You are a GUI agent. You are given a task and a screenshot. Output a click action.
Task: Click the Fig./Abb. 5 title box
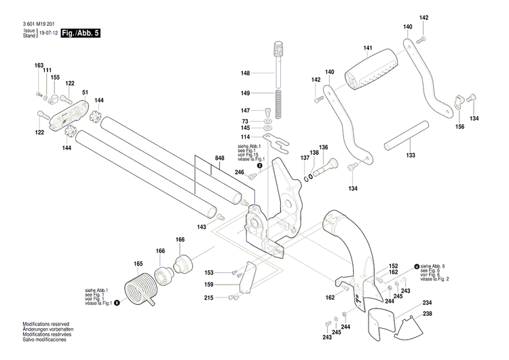(x=80, y=33)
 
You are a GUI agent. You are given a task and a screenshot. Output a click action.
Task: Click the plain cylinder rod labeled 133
(x=406, y=138)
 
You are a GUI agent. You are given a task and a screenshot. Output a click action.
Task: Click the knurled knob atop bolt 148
(x=277, y=50)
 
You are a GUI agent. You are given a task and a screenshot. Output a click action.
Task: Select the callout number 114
(x=245, y=138)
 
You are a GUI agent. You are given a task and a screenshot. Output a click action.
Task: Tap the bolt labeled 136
(x=333, y=163)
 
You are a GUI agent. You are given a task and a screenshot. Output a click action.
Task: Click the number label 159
(x=210, y=284)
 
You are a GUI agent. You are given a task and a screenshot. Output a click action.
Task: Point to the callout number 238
(x=427, y=314)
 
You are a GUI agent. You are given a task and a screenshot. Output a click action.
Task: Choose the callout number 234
(x=427, y=302)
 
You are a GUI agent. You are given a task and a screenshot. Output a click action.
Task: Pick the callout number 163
(x=39, y=65)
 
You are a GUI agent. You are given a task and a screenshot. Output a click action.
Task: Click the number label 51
(x=86, y=92)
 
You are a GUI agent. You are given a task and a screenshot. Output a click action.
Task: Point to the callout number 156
(x=459, y=126)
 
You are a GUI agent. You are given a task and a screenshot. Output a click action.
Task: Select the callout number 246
(x=239, y=173)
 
